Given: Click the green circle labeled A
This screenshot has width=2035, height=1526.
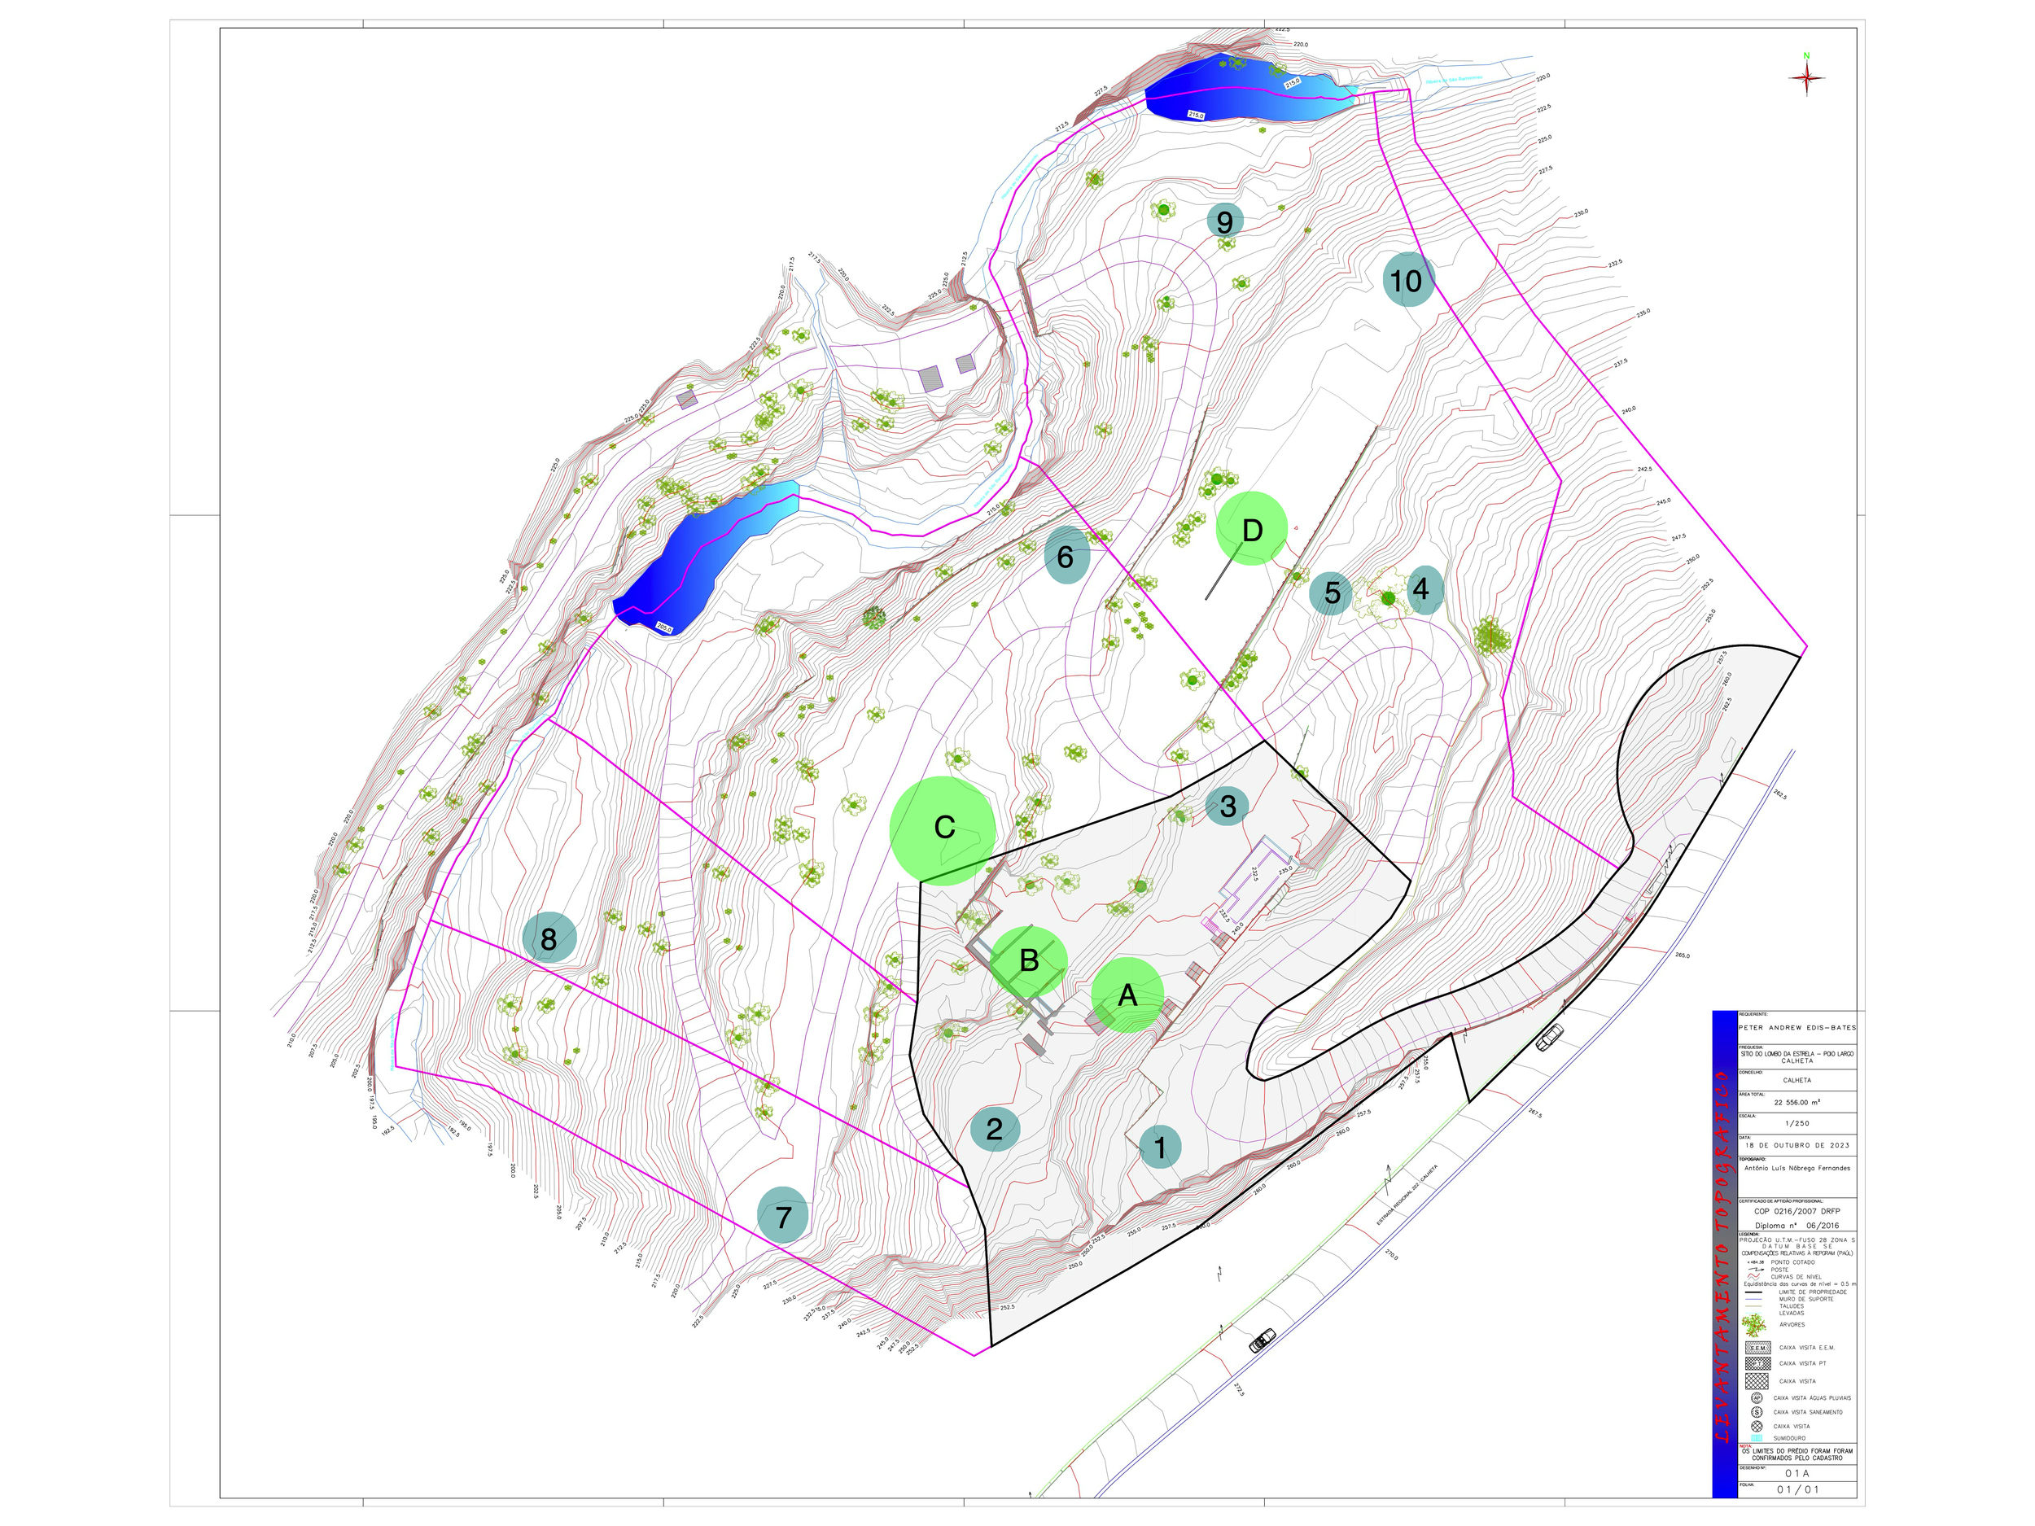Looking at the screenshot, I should pos(1127,995).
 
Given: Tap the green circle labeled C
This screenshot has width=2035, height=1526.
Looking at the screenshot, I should pos(943,829).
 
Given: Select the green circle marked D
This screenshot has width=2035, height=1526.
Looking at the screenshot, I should pos(1251,529).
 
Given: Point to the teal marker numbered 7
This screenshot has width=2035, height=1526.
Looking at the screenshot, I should pos(783,1215).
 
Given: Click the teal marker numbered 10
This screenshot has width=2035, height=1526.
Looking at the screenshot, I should pos(1407,280).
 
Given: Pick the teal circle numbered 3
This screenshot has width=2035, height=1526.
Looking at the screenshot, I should pos(1227,806).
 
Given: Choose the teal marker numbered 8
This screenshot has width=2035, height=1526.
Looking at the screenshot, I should pos(549,938).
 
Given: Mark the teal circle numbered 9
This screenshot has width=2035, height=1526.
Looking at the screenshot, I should pos(1224,221).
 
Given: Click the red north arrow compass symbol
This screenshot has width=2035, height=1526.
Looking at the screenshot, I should pos(1806,77).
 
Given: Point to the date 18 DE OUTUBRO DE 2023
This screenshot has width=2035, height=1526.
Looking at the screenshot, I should pos(1796,1145).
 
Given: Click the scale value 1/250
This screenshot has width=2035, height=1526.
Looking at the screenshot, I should pos(1796,1123).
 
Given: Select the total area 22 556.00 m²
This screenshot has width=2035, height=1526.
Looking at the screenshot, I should pos(1796,1102).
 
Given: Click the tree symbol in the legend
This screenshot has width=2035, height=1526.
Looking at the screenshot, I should pos(1755,1324).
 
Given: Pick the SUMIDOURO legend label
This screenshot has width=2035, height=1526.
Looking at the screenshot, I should pos(1789,1438).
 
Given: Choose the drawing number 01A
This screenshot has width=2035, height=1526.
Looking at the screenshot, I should pos(1796,1472).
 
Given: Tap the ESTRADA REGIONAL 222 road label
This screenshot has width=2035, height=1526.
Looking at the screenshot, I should pos(1407,1196).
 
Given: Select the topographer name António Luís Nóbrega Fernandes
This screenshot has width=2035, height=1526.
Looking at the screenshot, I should pos(1796,1168).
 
